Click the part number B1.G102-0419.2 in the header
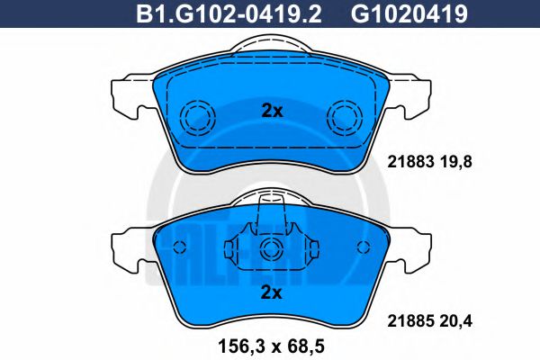[229, 13]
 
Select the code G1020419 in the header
[409, 13]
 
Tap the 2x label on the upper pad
[272, 111]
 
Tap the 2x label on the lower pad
[272, 292]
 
